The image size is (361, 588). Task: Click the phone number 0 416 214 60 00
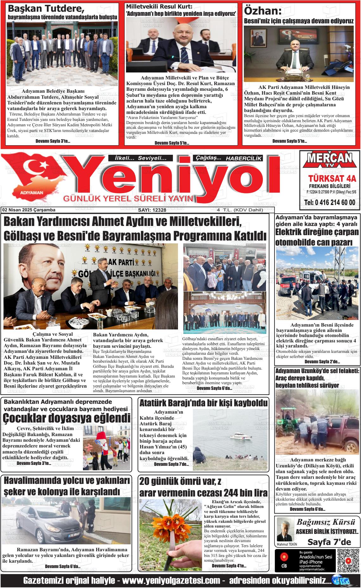point(329,203)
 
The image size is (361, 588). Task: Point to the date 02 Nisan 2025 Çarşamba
point(28,210)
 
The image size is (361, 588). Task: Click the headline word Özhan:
point(263,11)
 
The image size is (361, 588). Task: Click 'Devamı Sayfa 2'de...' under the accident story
point(322,361)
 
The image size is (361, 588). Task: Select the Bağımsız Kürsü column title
point(326,522)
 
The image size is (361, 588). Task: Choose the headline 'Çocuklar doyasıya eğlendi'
point(66,418)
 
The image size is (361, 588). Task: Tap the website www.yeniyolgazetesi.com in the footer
point(171,581)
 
